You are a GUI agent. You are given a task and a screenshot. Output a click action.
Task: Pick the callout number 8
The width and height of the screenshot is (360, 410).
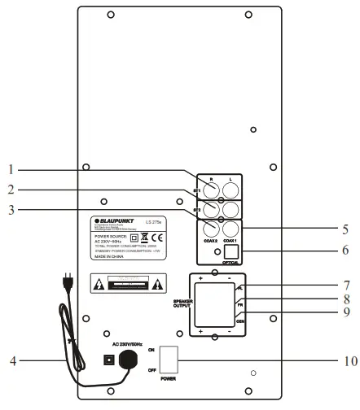tap(345, 299)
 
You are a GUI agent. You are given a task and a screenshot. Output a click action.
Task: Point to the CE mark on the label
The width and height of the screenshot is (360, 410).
tap(160, 238)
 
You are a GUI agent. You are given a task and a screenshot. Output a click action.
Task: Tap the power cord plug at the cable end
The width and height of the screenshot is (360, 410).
tap(66, 284)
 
